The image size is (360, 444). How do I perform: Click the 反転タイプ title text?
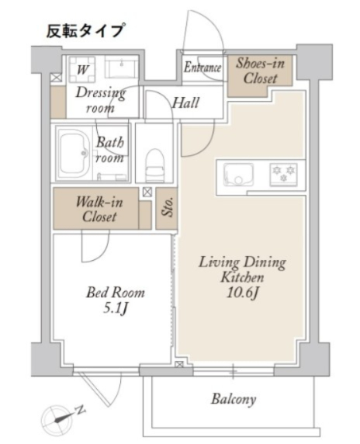[85, 30]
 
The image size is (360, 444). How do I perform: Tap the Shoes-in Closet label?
[260, 71]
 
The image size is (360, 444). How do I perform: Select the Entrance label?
[202, 68]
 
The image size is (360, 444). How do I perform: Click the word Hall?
[185, 102]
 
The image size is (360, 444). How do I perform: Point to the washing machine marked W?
[82, 69]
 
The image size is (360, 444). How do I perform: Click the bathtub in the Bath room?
[74, 152]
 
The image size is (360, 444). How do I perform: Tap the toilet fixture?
[154, 165]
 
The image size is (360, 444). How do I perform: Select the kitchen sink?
[238, 175]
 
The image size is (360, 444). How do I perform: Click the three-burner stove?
[283, 175]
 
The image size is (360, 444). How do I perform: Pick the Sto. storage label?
[167, 207]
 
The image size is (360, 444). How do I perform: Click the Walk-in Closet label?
[99, 210]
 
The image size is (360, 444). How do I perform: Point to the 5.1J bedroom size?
[115, 309]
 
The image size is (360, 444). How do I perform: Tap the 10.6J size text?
[242, 293]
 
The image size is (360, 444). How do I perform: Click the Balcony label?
[234, 399]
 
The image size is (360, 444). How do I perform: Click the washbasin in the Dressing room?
[121, 67]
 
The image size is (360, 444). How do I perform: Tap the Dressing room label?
[100, 100]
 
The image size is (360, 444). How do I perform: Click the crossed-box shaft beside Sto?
[147, 193]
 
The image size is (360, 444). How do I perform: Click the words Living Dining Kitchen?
[242, 269]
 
